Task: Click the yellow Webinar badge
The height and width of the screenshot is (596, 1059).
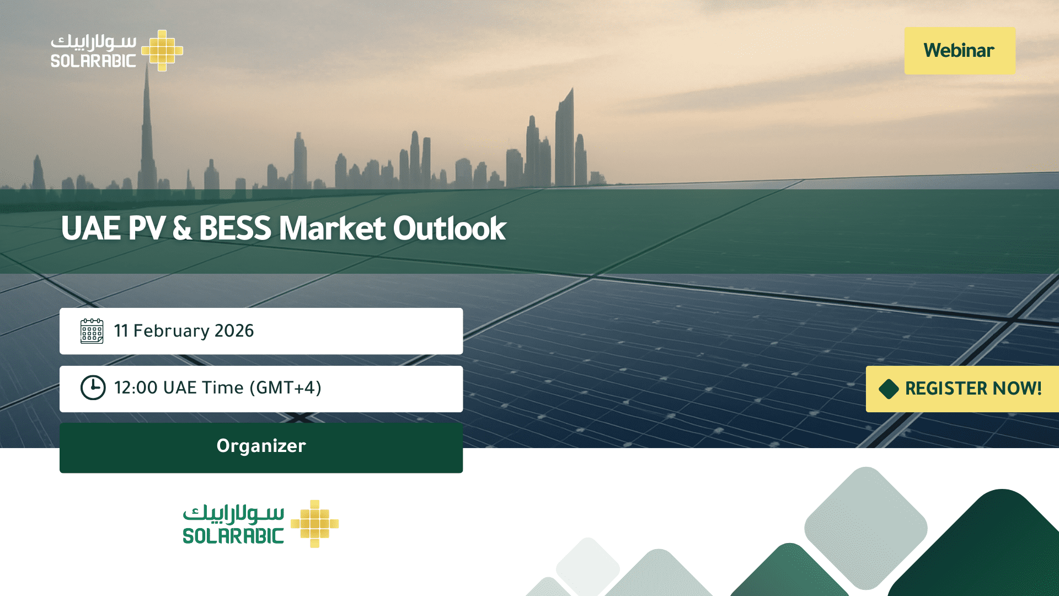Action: click(960, 51)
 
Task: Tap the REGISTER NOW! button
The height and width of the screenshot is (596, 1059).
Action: click(962, 389)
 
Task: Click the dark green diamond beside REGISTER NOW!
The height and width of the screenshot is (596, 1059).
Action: click(889, 389)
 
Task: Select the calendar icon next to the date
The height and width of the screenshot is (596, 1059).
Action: click(92, 331)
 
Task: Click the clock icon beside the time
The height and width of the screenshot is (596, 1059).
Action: click(93, 388)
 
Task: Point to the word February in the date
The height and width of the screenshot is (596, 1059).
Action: click(172, 331)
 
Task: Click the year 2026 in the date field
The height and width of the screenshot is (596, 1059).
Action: click(234, 331)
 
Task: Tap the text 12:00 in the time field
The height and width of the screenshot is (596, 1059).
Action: click(136, 388)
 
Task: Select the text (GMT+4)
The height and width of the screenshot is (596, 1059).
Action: click(285, 388)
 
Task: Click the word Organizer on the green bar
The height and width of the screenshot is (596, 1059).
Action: click(261, 446)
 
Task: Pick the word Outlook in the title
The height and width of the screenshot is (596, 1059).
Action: click(450, 228)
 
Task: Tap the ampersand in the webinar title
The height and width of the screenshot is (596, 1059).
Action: click(182, 228)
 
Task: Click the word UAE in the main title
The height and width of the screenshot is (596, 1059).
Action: click(91, 228)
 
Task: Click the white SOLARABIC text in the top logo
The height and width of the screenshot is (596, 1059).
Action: click(93, 61)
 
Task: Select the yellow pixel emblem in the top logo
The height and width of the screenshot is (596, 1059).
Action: click(162, 51)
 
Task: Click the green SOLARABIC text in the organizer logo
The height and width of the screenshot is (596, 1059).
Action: click(233, 536)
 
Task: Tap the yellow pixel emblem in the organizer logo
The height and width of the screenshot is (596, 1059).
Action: click(314, 524)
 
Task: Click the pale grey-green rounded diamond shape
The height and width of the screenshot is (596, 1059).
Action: click(866, 528)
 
